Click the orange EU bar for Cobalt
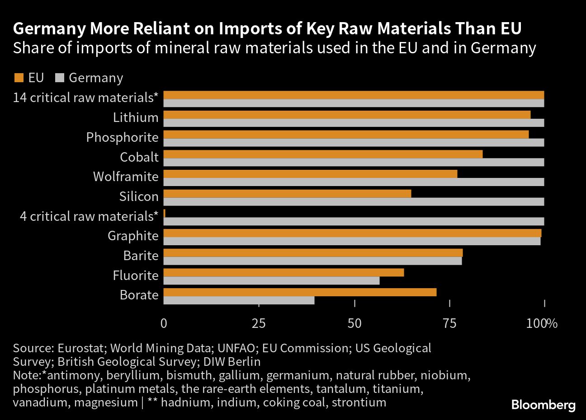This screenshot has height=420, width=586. [x=323, y=154]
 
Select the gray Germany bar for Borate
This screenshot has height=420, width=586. [x=239, y=300]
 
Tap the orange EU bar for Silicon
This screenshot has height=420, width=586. [x=287, y=194]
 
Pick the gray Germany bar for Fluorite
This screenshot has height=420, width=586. [x=271, y=280]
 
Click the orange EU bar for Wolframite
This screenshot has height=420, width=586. [x=310, y=174]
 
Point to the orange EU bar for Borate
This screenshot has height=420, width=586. [x=300, y=292]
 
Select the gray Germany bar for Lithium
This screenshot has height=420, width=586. [x=354, y=123]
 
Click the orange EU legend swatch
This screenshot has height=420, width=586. [x=19, y=78]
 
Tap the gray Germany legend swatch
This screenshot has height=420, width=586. [x=59, y=78]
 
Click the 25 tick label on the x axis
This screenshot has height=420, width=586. [x=258, y=323]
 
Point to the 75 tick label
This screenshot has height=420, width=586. [x=449, y=323]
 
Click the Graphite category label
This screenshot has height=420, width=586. [x=133, y=236]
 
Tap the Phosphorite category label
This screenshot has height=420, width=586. [x=122, y=137]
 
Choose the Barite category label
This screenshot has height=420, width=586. [x=141, y=256]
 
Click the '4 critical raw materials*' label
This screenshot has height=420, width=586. [x=89, y=216]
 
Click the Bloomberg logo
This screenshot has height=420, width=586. [x=543, y=405]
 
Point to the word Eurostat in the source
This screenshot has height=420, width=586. [x=81, y=348]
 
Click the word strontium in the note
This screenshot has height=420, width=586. [x=359, y=402]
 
